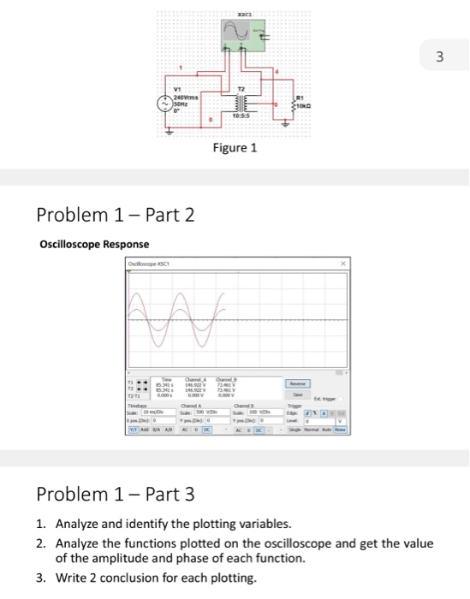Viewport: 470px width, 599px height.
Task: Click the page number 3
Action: pyautogui.click(x=440, y=57)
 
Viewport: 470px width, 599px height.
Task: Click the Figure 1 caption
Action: pyautogui.click(x=235, y=148)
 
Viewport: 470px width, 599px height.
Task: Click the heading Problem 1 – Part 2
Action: pyautogui.click(x=116, y=215)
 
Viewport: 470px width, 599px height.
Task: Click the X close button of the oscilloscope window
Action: pyautogui.click(x=342, y=264)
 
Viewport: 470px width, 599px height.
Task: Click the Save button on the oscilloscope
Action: pyautogui.click(x=298, y=394)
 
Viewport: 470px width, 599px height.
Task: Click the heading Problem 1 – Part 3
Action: pyautogui.click(x=116, y=495)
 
